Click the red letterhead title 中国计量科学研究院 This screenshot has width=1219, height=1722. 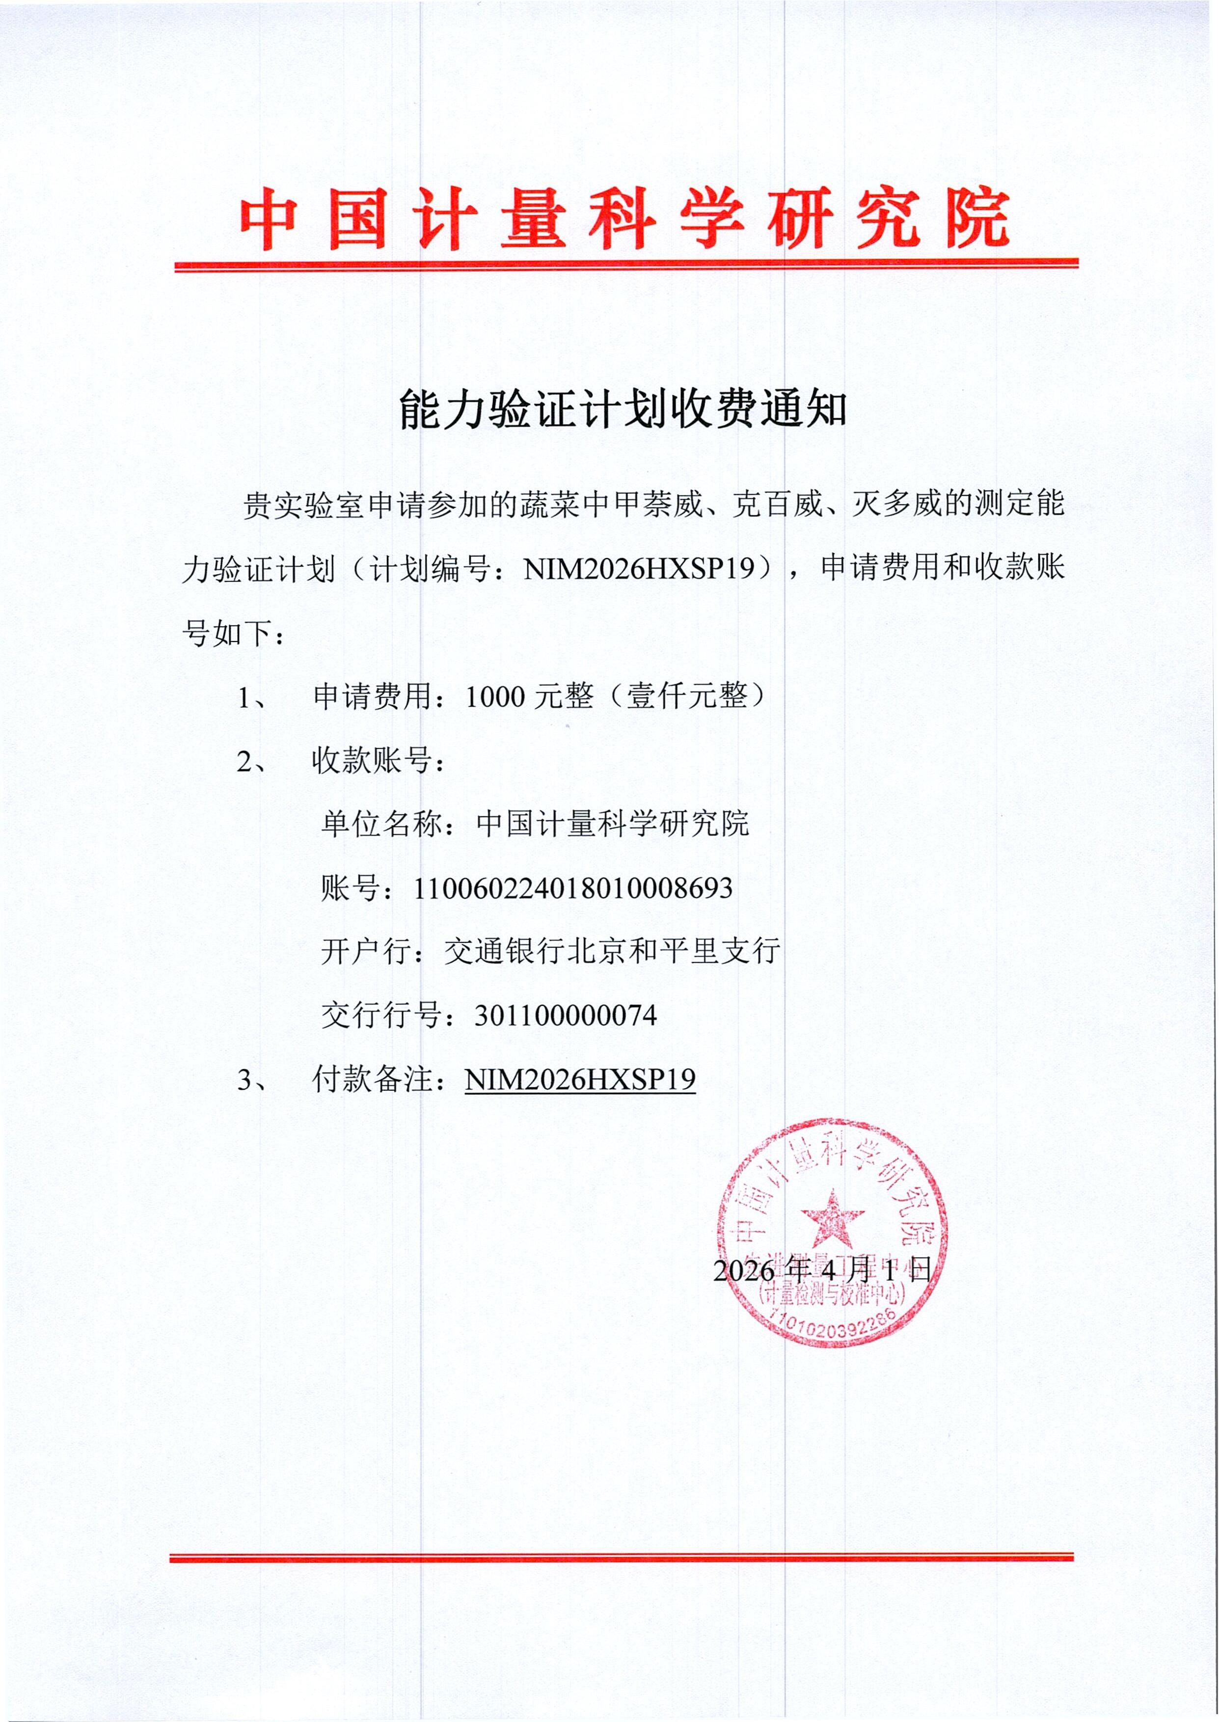[x=624, y=218]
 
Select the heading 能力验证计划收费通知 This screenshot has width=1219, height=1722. [x=623, y=410]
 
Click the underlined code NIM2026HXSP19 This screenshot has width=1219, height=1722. [x=579, y=1080]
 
